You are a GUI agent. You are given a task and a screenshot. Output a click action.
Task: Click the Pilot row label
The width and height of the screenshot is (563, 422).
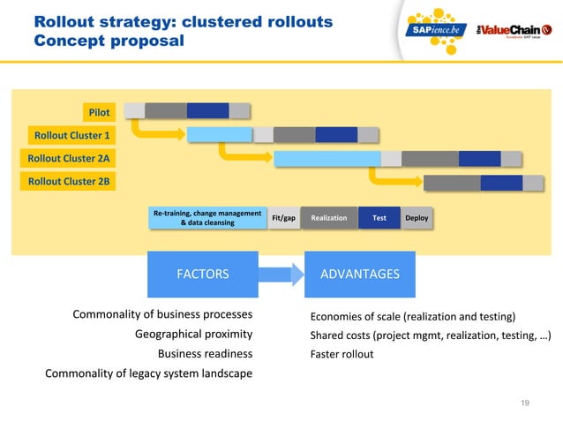pos(99,112)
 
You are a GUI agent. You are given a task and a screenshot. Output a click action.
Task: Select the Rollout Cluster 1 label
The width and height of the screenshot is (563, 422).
pos(71,135)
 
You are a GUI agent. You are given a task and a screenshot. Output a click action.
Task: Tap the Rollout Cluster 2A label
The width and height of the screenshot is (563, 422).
pos(70,159)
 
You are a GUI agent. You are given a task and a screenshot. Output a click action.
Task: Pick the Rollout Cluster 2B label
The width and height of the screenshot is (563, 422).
pos(70,182)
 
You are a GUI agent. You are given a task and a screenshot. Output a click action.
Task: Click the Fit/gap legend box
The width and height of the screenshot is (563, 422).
pos(283,217)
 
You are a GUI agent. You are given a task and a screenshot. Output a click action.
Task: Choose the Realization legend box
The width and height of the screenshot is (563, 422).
pos(329,217)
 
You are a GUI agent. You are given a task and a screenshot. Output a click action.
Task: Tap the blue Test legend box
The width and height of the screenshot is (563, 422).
pos(379,217)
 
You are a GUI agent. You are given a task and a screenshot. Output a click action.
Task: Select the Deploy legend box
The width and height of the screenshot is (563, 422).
pos(417,217)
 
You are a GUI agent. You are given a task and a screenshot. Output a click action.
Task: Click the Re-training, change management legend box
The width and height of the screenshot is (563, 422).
pos(207,217)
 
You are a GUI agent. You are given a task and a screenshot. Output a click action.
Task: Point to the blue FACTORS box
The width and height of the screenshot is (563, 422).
pos(203,274)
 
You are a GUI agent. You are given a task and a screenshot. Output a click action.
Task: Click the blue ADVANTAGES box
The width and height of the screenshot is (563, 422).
pos(359,274)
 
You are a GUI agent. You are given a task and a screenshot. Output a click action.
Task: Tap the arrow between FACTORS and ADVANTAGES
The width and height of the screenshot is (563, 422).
pos(281,274)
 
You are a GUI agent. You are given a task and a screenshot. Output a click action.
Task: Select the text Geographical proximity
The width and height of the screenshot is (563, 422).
pos(193,334)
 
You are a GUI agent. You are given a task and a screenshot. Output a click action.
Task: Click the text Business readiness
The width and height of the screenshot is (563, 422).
pos(205,354)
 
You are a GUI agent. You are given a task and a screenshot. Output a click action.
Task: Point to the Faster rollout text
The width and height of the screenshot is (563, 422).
pos(342,354)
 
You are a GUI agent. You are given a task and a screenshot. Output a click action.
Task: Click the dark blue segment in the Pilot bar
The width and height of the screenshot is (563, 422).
pos(207,110)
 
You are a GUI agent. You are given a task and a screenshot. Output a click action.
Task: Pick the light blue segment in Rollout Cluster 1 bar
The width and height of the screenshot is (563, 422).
pos(219,134)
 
